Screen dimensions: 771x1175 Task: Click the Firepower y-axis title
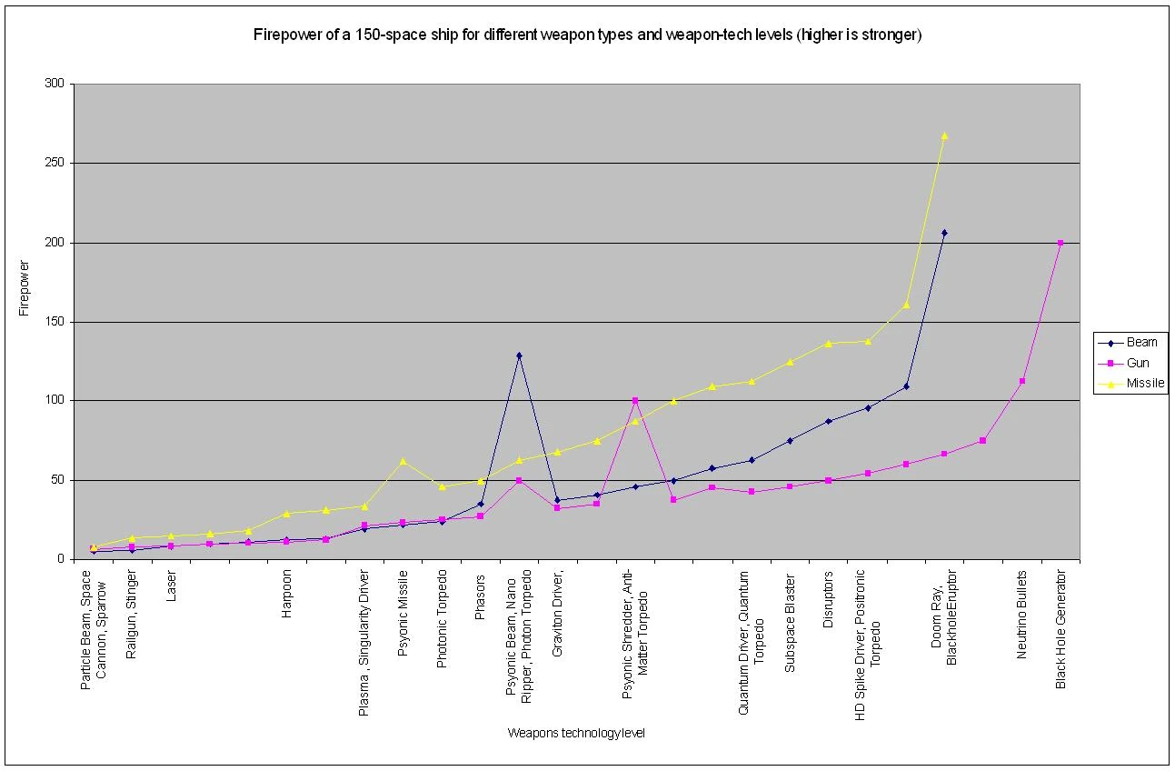pos(24,290)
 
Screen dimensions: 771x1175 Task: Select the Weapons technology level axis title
pos(576,733)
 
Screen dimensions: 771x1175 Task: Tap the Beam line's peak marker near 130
pos(519,355)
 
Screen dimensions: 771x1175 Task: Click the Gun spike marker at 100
pos(635,400)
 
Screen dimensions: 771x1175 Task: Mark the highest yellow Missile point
pos(944,135)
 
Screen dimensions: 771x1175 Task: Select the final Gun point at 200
pos(1060,243)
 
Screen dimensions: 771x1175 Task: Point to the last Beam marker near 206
pos(944,233)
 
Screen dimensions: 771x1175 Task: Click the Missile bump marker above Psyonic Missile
pos(403,461)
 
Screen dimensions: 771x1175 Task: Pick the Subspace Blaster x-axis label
pos(790,623)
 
